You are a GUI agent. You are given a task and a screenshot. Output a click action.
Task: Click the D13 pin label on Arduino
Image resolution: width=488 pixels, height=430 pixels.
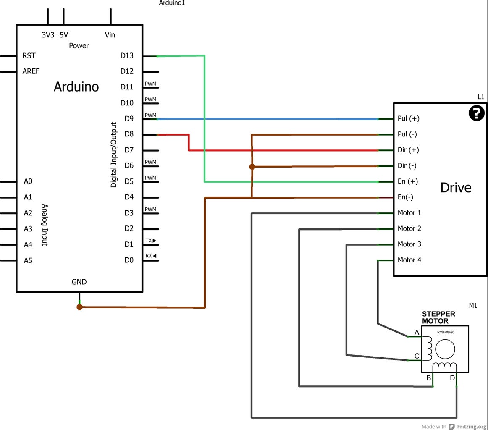tap(126, 55)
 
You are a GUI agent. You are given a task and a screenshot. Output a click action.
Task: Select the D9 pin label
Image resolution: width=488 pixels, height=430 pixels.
tap(129, 118)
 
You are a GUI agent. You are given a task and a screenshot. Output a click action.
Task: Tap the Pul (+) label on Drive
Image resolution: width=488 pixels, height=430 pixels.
tap(408, 118)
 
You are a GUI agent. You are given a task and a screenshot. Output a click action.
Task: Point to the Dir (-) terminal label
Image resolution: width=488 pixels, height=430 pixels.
tap(407, 165)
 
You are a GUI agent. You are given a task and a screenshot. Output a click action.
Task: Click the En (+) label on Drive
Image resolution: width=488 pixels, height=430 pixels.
tap(407, 181)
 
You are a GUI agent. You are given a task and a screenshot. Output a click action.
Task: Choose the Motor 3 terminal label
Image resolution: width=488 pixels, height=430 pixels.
tap(409, 244)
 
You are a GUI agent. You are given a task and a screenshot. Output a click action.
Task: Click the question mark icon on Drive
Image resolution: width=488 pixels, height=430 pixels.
tap(476, 113)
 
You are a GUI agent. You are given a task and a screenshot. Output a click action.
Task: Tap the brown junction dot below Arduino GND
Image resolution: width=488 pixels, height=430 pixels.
tap(79, 307)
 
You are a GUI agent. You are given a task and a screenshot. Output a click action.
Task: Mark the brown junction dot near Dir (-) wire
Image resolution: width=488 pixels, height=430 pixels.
tap(252, 167)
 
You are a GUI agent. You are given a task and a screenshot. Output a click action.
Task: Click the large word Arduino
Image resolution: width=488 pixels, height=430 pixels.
tap(76, 87)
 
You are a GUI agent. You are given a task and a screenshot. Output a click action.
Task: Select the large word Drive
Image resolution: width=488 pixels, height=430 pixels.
tap(456, 188)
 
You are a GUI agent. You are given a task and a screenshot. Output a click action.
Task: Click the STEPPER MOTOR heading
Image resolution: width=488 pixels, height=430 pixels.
tap(438, 317)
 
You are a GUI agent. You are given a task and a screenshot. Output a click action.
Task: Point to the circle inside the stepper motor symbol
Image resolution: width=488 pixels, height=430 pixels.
tap(445, 349)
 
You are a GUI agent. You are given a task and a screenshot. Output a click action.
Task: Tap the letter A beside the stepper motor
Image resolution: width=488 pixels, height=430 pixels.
tap(417, 333)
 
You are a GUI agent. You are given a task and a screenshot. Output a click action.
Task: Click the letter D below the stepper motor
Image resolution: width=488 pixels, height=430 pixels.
tap(452, 378)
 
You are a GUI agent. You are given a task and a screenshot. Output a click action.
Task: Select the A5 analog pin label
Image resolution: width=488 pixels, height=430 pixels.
tap(28, 260)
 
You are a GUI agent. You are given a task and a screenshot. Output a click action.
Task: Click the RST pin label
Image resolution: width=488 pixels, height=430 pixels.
tap(29, 55)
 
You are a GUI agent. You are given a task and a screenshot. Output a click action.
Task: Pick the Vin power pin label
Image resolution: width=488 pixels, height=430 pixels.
tap(110, 35)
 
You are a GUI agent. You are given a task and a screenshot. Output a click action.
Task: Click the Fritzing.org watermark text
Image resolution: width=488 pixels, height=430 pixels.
tap(472, 427)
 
